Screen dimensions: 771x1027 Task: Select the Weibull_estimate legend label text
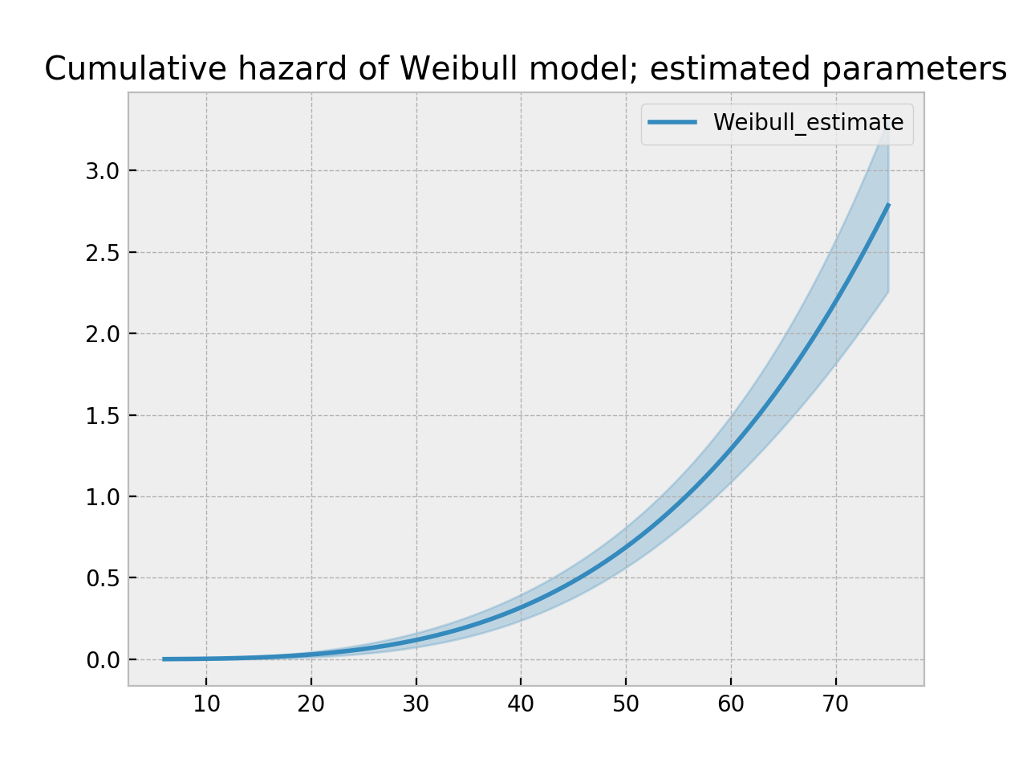click(x=808, y=123)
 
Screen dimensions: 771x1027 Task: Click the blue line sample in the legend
click(x=672, y=122)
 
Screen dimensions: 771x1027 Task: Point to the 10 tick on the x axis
click(x=206, y=704)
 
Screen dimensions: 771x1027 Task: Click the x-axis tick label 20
click(x=311, y=704)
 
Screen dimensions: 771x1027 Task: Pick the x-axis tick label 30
click(x=416, y=704)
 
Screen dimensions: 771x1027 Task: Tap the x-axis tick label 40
click(x=521, y=704)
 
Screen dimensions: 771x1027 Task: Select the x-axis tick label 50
click(x=626, y=704)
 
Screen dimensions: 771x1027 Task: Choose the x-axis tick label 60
click(x=731, y=704)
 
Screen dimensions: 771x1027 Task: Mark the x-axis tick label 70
click(x=836, y=704)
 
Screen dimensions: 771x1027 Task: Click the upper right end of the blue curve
click(x=887, y=206)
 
